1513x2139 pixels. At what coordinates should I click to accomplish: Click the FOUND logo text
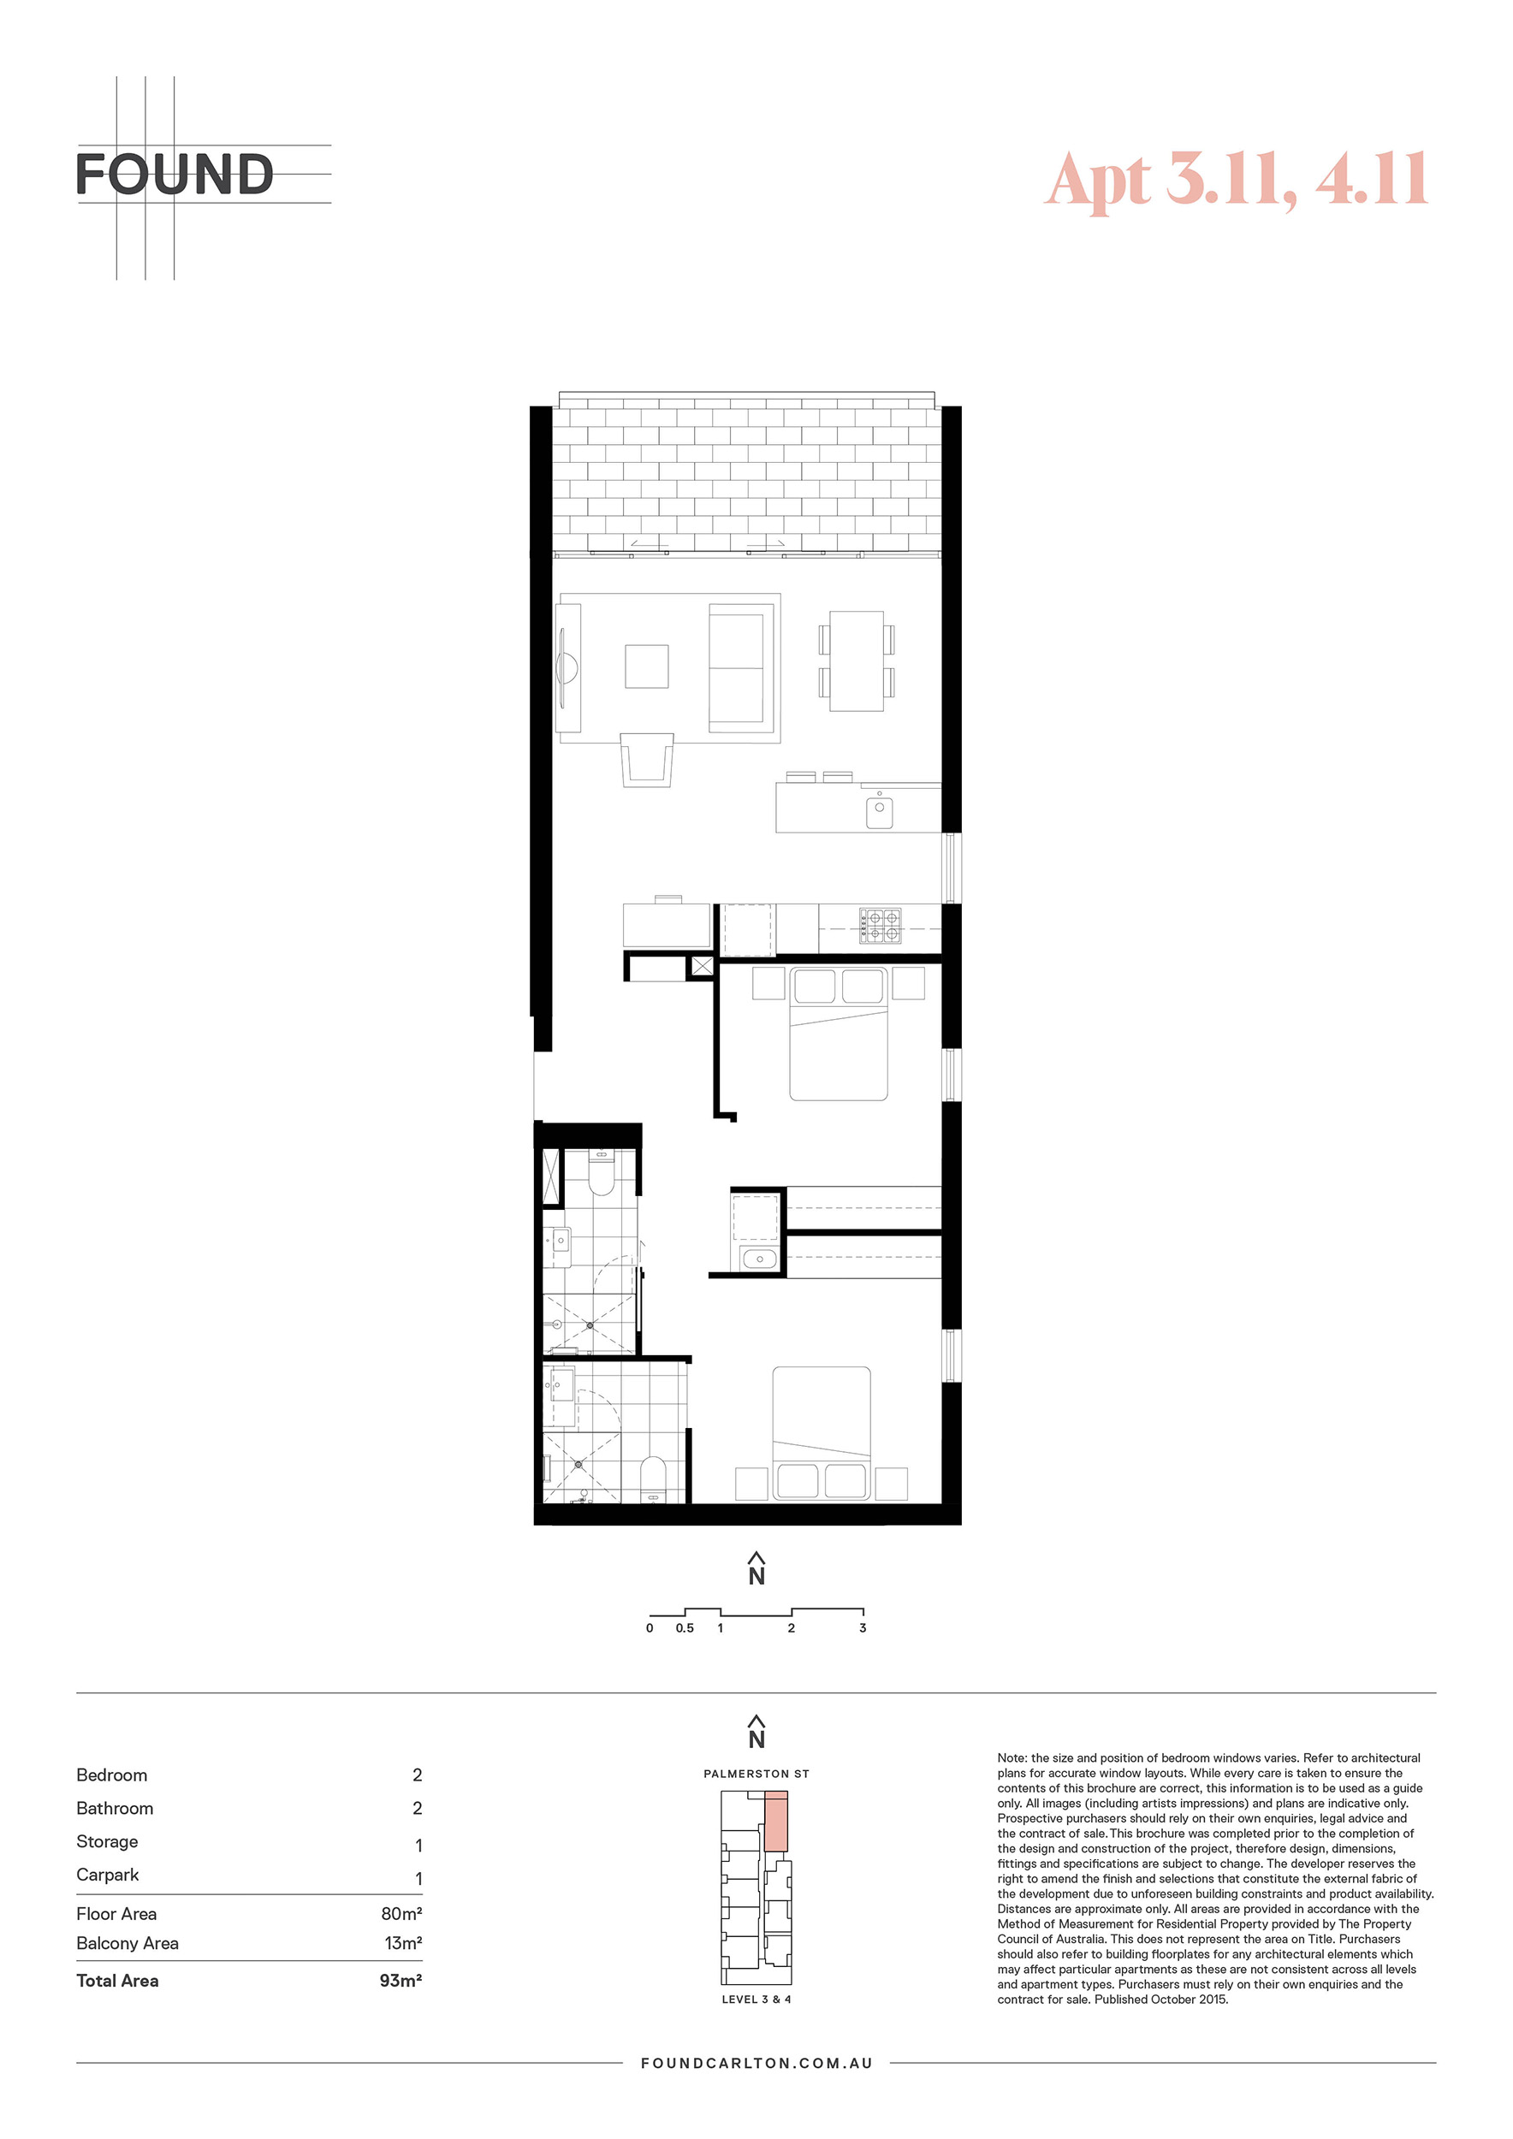(175, 175)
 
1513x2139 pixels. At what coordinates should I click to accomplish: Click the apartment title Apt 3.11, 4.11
(1237, 179)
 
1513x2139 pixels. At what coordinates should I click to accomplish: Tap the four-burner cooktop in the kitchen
(880, 925)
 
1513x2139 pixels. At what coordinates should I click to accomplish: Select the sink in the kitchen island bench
(880, 811)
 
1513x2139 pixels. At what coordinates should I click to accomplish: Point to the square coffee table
(647, 667)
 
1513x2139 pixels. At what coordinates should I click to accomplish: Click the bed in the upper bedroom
(839, 1034)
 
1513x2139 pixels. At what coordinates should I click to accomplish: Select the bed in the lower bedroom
(822, 1433)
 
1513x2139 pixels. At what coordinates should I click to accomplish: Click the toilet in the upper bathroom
(602, 1173)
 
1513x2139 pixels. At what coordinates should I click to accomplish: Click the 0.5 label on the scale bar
(685, 1627)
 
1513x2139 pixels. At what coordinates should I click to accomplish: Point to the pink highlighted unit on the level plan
(776, 1821)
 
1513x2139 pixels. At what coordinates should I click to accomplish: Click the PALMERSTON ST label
(756, 1774)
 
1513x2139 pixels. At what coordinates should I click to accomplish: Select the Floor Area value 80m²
(401, 1913)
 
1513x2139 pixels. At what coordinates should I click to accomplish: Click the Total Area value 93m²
(400, 1981)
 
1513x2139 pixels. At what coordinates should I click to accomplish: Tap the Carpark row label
(107, 1875)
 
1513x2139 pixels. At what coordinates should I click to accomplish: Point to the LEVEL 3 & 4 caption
(756, 2000)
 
